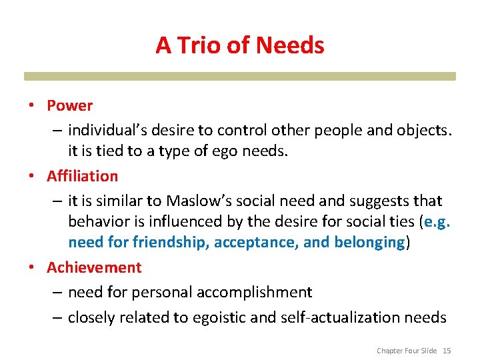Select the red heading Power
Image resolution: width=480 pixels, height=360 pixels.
(69, 105)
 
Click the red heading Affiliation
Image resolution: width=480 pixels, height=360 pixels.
(82, 176)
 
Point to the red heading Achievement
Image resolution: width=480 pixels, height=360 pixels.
(94, 267)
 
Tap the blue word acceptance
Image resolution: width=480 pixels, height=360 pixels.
(255, 242)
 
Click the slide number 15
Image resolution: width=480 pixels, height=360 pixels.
(447, 351)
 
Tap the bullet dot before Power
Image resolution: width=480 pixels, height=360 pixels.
(31, 106)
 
